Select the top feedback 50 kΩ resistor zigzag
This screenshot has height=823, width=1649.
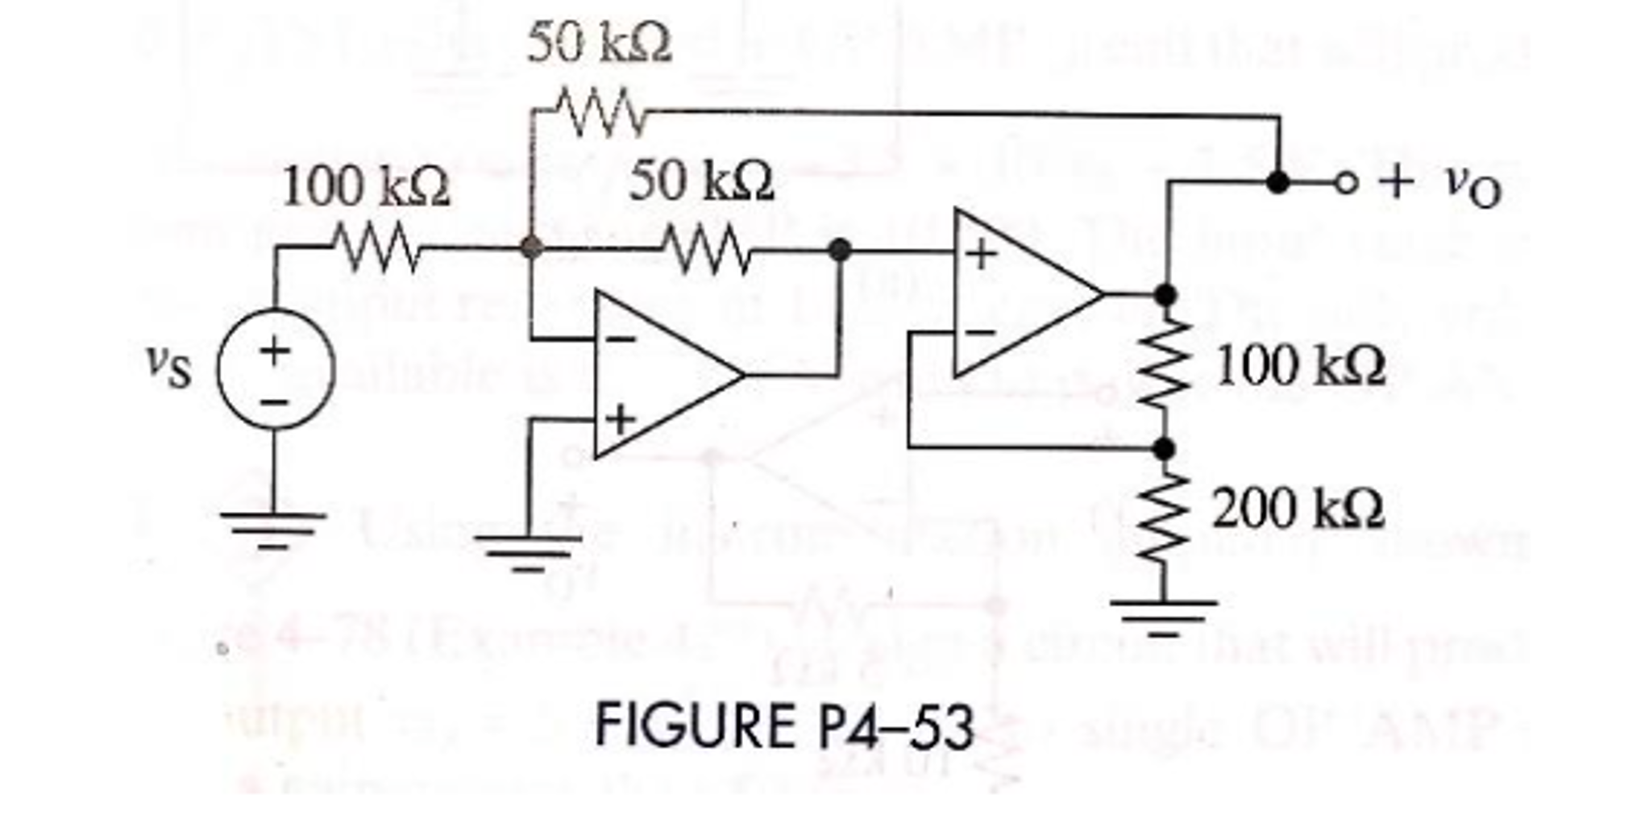[600, 112]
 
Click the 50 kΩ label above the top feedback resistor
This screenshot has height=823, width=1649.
[599, 44]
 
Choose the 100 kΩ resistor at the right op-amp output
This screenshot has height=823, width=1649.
[1163, 371]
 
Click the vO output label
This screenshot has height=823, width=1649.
[1472, 187]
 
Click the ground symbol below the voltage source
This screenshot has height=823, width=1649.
[274, 528]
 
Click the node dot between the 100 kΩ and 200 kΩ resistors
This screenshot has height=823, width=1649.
[1163, 448]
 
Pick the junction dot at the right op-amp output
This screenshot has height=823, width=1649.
[1163, 295]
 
